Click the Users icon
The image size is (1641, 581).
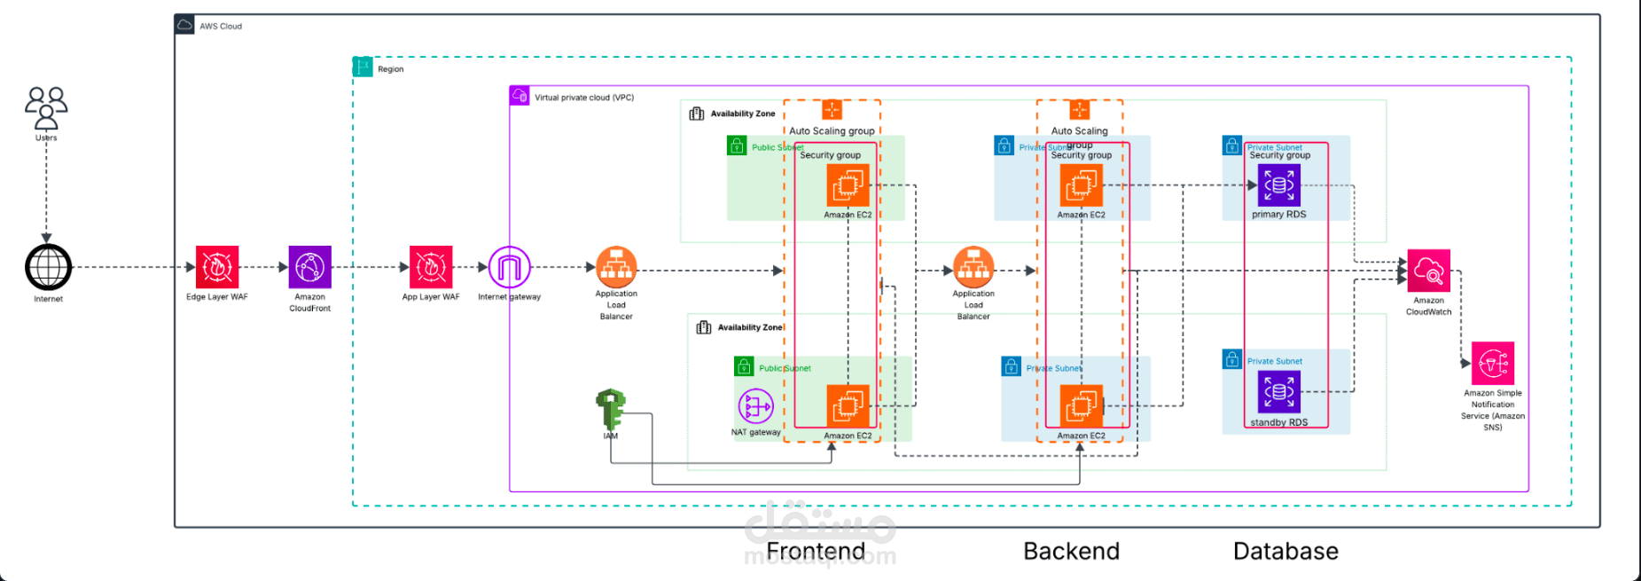click(46, 107)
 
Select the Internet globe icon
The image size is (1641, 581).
click(48, 267)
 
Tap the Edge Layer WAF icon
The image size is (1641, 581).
click(217, 267)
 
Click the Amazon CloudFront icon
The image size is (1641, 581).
click(309, 267)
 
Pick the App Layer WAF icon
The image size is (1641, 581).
click(431, 267)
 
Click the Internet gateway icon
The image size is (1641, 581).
click(510, 267)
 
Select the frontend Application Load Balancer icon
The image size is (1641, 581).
click(616, 267)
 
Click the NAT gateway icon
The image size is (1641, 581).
click(755, 407)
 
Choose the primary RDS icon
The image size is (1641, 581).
click(1278, 186)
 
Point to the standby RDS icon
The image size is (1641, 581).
click(1278, 392)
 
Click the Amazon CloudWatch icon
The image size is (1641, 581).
click(1428, 271)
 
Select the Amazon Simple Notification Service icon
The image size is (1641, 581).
click(1493, 364)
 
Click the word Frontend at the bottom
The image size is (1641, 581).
click(816, 552)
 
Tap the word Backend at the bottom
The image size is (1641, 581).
click(1071, 552)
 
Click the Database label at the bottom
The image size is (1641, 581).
click(1285, 552)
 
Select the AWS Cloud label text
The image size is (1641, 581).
click(221, 27)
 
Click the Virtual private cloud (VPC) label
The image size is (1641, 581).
click(583, 98)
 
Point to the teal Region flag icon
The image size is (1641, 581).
click(363, 67)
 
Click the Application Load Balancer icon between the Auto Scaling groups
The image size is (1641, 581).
click(973, 267)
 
